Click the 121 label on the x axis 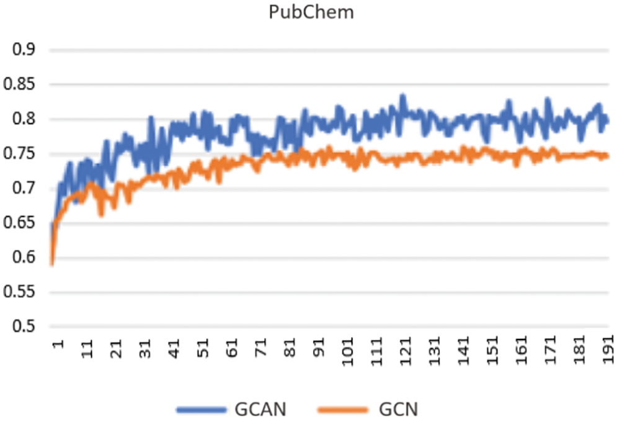[x=406, y=350]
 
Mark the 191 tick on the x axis [x=608, y=350]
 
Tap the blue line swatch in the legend [x=200, y=409]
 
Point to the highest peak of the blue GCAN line [x=402, y=96]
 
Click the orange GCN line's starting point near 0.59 [x=52, y=264]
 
